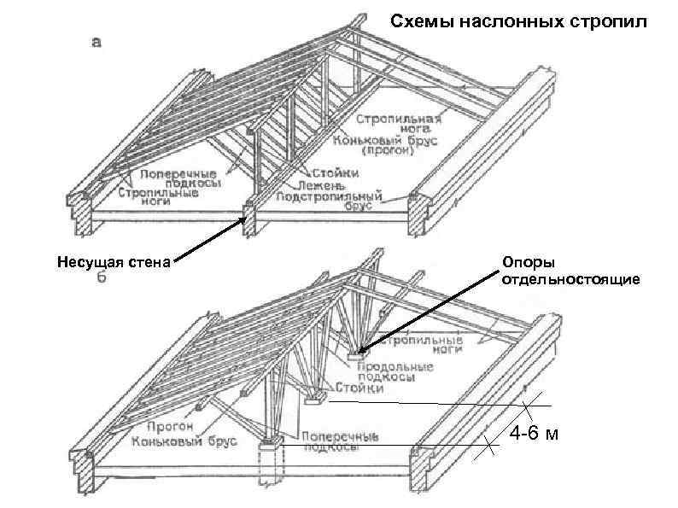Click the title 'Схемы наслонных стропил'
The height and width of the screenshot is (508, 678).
point(519,20)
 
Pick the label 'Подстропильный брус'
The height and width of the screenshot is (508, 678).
point(334,201)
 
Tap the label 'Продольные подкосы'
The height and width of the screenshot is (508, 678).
point(394,371)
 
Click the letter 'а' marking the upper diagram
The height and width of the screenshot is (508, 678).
point(97,42)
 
